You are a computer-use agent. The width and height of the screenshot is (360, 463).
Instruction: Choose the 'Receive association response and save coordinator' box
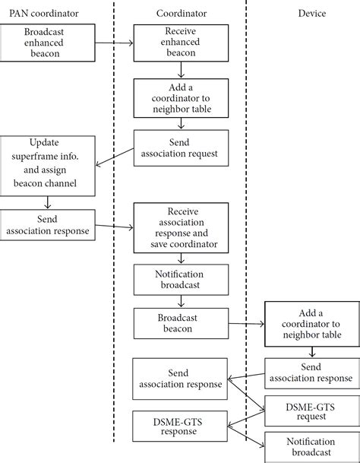182,227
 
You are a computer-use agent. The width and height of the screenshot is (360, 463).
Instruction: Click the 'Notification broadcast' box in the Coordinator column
182,279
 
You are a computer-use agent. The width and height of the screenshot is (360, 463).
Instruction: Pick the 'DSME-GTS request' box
311,411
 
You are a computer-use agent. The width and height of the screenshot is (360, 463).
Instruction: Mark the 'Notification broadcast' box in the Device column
311,447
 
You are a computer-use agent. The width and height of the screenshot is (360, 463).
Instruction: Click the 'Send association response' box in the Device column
311,372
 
